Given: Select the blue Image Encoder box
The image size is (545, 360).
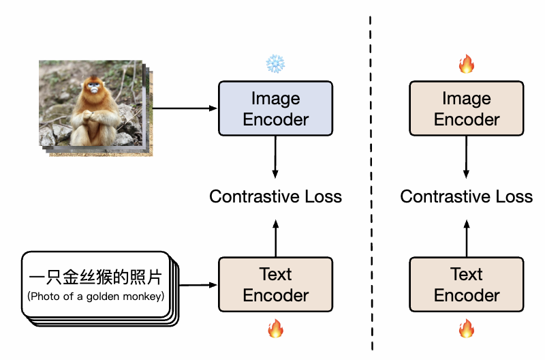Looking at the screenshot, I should [x=275, y=108].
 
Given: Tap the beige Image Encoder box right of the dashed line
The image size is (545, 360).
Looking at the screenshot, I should [x=467, y=108].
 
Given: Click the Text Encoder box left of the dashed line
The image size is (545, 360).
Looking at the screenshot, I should [x=275, y=284].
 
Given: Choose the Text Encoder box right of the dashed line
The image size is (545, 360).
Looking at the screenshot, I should [x=467, y=284].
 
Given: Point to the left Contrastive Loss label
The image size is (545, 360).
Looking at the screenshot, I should [x=275, y=197].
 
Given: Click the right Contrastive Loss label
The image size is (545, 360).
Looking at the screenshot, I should [x=467, y=197].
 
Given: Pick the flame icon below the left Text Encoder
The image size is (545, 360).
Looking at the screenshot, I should [x=275, y=329].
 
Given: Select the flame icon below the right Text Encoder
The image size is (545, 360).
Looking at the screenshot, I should [x=467, y=329].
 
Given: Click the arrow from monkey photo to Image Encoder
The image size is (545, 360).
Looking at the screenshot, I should [x=184, y=108].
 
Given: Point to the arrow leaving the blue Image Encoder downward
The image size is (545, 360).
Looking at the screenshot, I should [x=275, y=157].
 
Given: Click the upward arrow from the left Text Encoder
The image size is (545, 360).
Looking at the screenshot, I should [x=275, y=237].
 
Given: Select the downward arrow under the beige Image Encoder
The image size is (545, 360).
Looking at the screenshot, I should [x=467, y=157].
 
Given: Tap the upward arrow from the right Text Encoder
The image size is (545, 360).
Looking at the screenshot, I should [x=467, y=237].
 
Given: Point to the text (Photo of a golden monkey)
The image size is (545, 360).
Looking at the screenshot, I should [x=95, y=296].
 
